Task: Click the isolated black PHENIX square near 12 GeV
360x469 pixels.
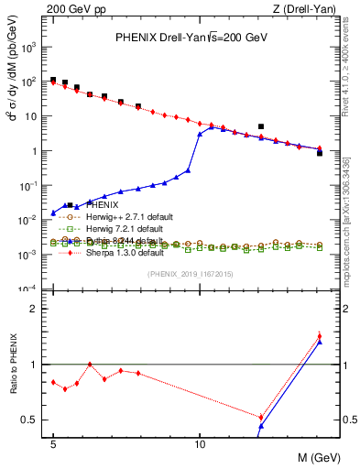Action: (261, 126)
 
